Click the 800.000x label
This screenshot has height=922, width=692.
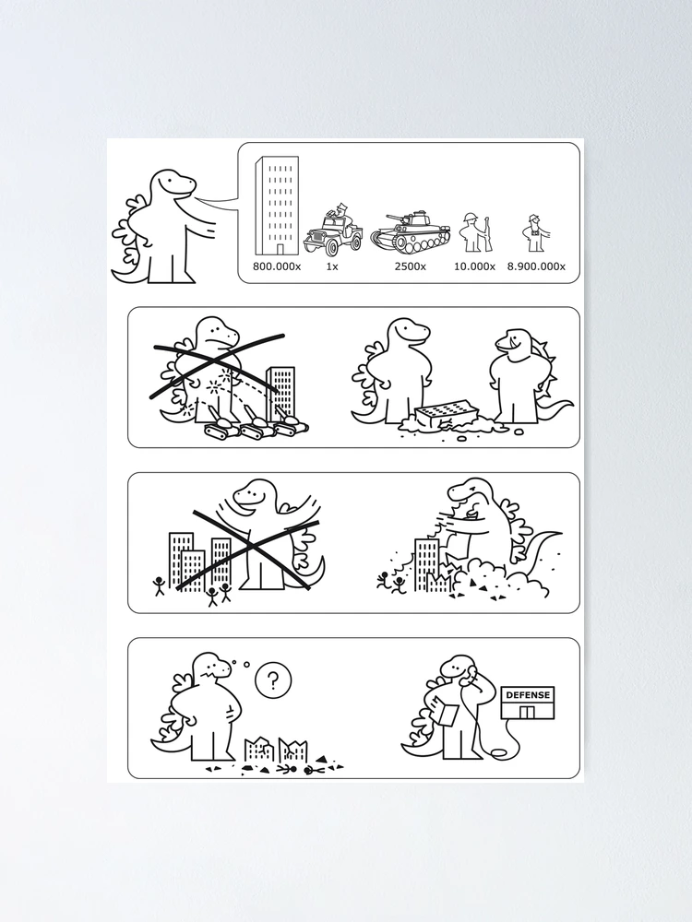pos(277,266)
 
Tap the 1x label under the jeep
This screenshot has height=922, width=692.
pos(332,266)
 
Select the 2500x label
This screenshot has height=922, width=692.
pos(411,266)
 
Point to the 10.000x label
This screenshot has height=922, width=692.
pos(474,266)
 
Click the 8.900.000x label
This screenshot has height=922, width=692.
pos(536,266)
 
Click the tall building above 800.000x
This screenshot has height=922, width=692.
pos(277,207)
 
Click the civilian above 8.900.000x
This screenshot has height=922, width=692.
pos(535,233)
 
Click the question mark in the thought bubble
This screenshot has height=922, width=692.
pos(272,681)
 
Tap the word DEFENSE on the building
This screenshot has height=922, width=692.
pos(528,694)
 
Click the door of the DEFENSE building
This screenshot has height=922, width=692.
pos(527,712)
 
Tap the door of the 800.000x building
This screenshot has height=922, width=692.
pos(280,249)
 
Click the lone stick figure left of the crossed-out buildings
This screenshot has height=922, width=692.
pos(159,585)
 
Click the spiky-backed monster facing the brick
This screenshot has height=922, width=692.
pos(527,376)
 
